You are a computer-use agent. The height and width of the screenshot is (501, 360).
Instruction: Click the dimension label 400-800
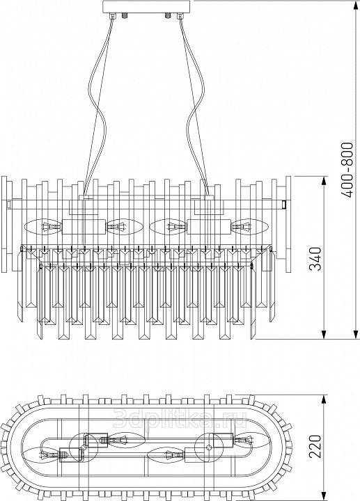[x=347, y=170]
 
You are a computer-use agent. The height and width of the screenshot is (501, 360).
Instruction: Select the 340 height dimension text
[x=315, y=258]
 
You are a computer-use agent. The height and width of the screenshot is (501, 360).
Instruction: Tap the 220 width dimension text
[x=315, y=446]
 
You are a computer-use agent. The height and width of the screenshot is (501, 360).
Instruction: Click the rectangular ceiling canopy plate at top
[x=146, y=6]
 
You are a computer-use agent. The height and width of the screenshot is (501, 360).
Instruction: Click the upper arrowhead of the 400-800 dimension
[x=356, y=6]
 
